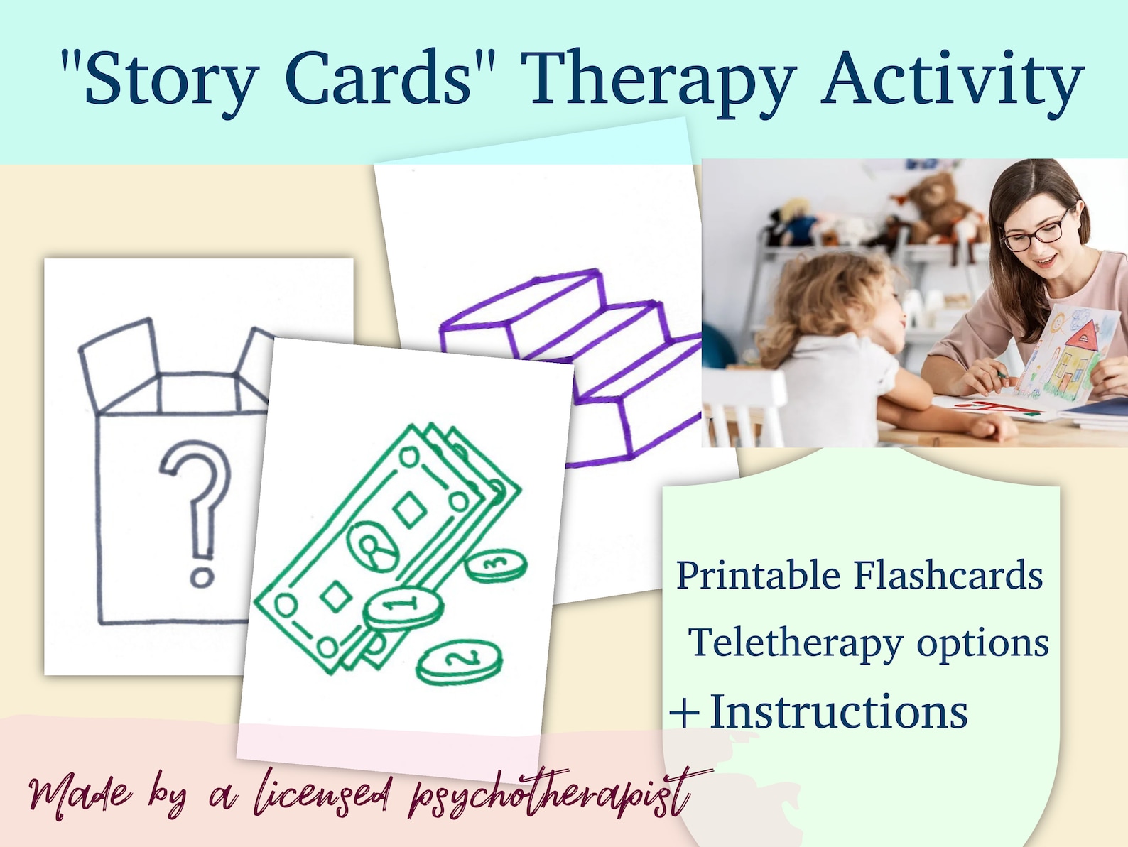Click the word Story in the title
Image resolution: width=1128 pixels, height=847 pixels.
[170, 80]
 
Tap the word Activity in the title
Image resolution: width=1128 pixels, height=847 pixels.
[952, 80]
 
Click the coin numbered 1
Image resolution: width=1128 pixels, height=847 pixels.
[403, 608]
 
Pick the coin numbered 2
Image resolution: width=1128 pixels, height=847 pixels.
[459, 662]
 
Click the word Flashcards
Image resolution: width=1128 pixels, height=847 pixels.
[948, 575]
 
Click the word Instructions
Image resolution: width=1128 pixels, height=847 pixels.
[838, 711]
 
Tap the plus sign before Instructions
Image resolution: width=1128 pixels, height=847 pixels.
[685, 712]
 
